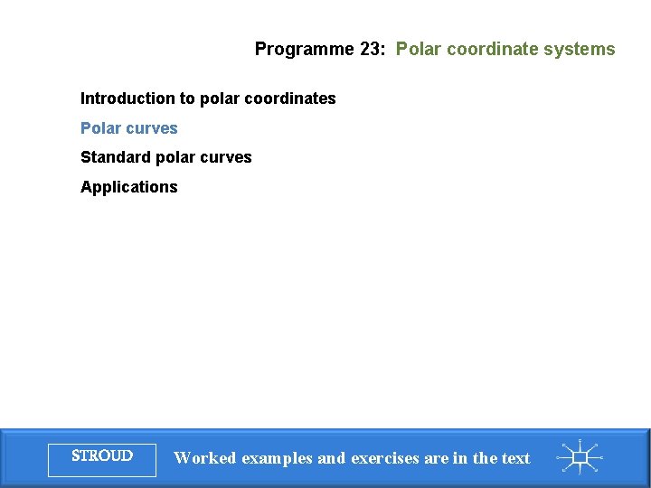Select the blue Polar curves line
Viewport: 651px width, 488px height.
129,128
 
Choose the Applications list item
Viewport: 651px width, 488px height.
129,187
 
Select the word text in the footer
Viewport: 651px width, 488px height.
514,458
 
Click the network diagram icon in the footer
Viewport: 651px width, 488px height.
579,458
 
